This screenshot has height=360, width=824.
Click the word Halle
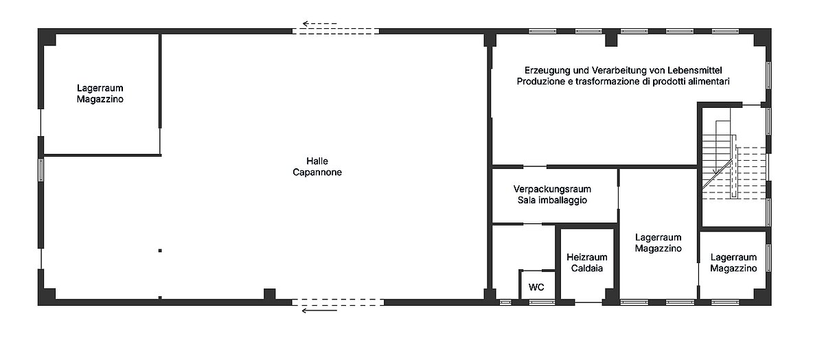pos(317,161)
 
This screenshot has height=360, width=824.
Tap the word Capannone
pos(317,172)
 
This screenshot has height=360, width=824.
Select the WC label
pos(536,287)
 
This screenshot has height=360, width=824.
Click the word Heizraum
pos(586,257)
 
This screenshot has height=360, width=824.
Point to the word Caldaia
pos(586,268)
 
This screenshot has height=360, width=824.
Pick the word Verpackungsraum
pos(552,189)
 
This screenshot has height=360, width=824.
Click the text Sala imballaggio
pos(552,200)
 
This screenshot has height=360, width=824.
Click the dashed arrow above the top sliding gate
pos(319,24)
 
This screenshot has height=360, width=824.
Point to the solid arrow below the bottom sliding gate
pos(319,311)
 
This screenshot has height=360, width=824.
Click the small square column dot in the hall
pos(160,251)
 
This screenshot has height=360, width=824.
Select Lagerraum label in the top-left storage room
pos(100,88)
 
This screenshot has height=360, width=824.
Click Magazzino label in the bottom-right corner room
pos(733,269)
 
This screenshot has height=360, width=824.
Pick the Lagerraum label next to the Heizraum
pos(658,238)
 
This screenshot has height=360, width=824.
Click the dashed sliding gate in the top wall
pos(336,32)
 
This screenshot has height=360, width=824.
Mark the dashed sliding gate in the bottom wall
pos(338,302)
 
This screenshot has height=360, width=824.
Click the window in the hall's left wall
pos(41,170)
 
